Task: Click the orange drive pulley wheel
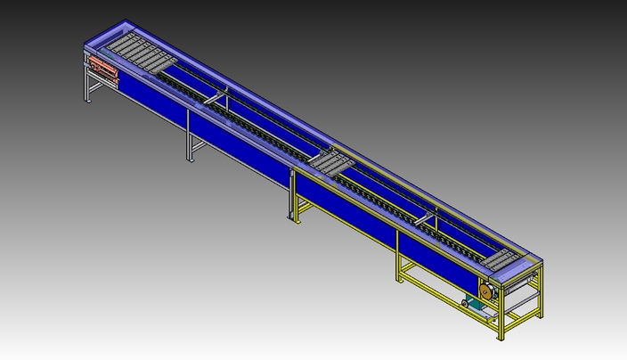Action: [485, 291]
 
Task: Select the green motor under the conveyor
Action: [478, 306]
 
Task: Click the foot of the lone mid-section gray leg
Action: [189, 160]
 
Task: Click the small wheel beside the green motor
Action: [464, 305]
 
